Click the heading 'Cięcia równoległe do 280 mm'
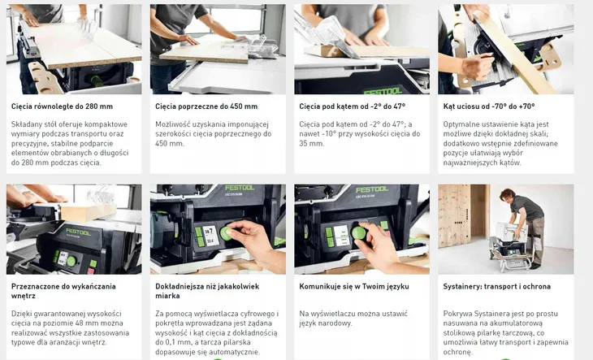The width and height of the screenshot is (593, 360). click(62, 106)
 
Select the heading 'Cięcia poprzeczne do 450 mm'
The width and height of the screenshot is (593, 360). click(206, 106)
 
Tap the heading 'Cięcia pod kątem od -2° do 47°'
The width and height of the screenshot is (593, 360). click(352, 106)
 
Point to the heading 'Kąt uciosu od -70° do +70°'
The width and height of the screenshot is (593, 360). click(488, 106)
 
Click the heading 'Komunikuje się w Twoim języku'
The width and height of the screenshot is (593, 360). click(354, 287)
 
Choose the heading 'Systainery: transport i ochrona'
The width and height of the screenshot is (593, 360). click(497, 287)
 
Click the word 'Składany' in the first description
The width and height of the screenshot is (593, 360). click(26, 124)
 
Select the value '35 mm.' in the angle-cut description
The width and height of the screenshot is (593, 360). click(312, 144)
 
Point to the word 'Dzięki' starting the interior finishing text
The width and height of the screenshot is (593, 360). click(23, 313)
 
